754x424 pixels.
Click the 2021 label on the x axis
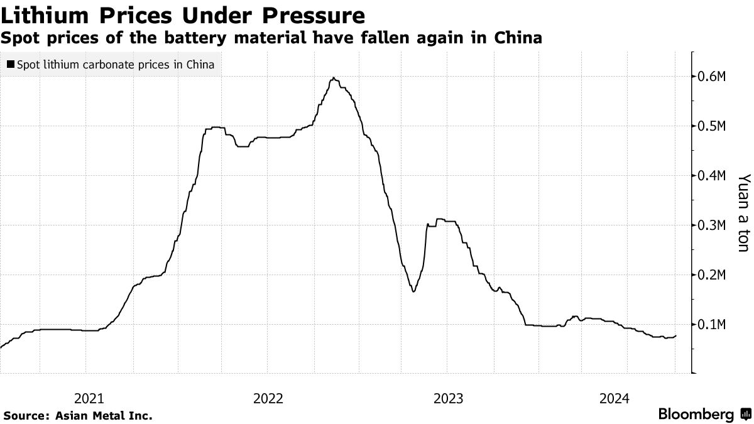pos(89,398)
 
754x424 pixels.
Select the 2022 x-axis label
pos(268,398)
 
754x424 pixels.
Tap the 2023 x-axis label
pos(447,398)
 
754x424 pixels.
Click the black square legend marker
pos(11,65)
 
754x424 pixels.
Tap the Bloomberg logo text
pos(696,415)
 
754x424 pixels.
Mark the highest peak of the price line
pos(334,78)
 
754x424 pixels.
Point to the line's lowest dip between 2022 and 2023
pos(413,291)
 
